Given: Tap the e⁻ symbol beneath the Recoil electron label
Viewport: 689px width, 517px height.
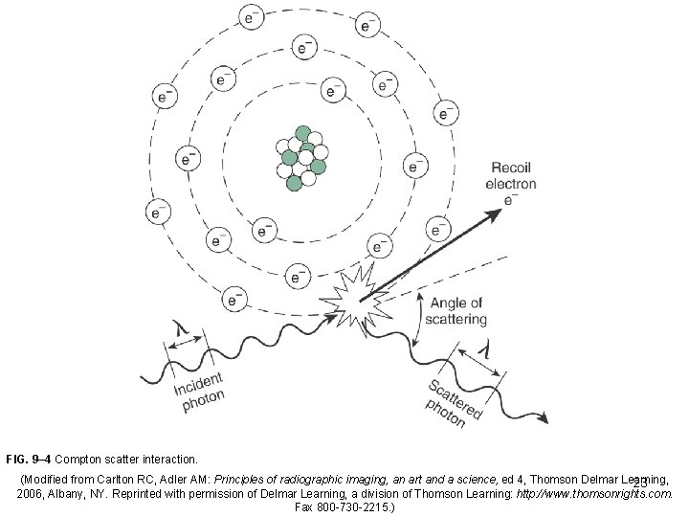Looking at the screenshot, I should (511, 200).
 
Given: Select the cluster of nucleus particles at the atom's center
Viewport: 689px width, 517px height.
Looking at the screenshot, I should (300, 156).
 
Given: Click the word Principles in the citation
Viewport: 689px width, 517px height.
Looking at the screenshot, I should (242, 477).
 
